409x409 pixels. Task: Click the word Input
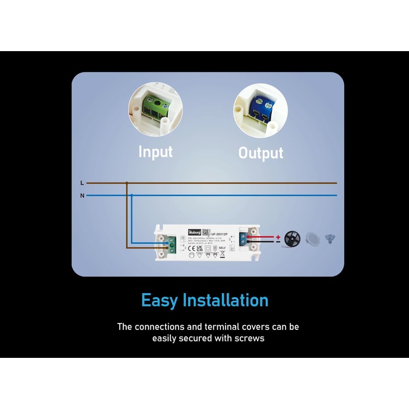(156, 151)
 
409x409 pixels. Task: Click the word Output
(261, 153)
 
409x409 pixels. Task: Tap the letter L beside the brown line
(82, 183)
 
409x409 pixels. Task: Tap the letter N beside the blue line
(82, 195)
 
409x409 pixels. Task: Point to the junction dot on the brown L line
(126, 183)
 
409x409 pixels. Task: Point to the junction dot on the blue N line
(131, 195)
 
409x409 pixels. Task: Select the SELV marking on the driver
(221, 247)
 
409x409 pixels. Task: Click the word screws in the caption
(250, 338)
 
